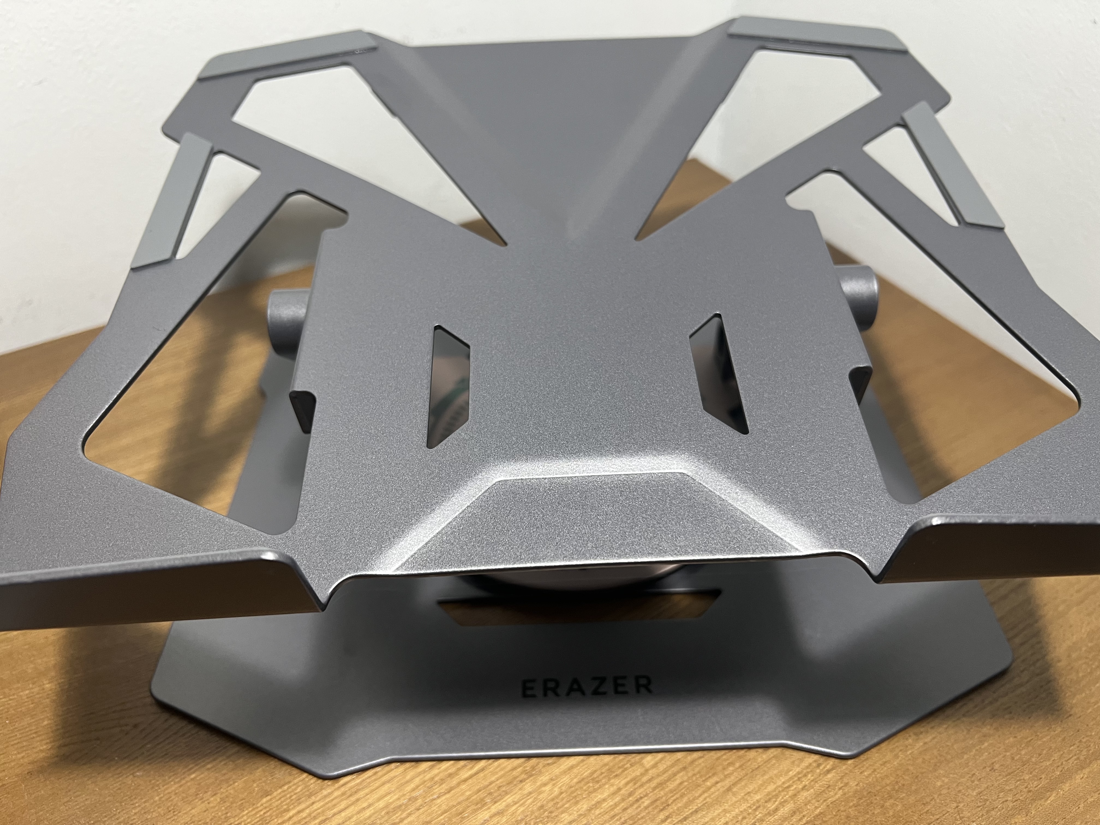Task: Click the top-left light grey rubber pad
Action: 298,54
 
